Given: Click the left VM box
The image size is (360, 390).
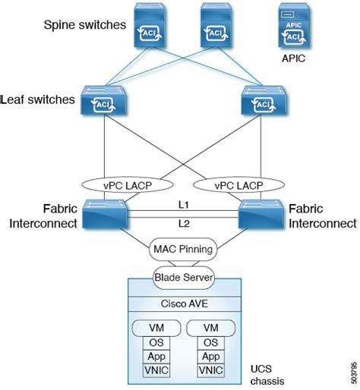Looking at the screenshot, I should click(156, 327).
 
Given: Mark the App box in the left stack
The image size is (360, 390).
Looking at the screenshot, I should click(156, 356).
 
